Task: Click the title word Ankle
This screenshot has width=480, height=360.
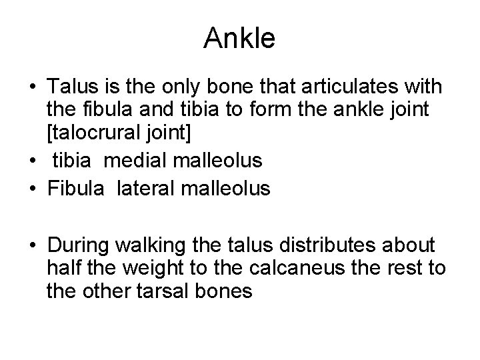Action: [239, 39]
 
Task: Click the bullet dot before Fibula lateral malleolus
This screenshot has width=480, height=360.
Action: [33, 189]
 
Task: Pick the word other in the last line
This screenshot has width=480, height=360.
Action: [96, 291]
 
